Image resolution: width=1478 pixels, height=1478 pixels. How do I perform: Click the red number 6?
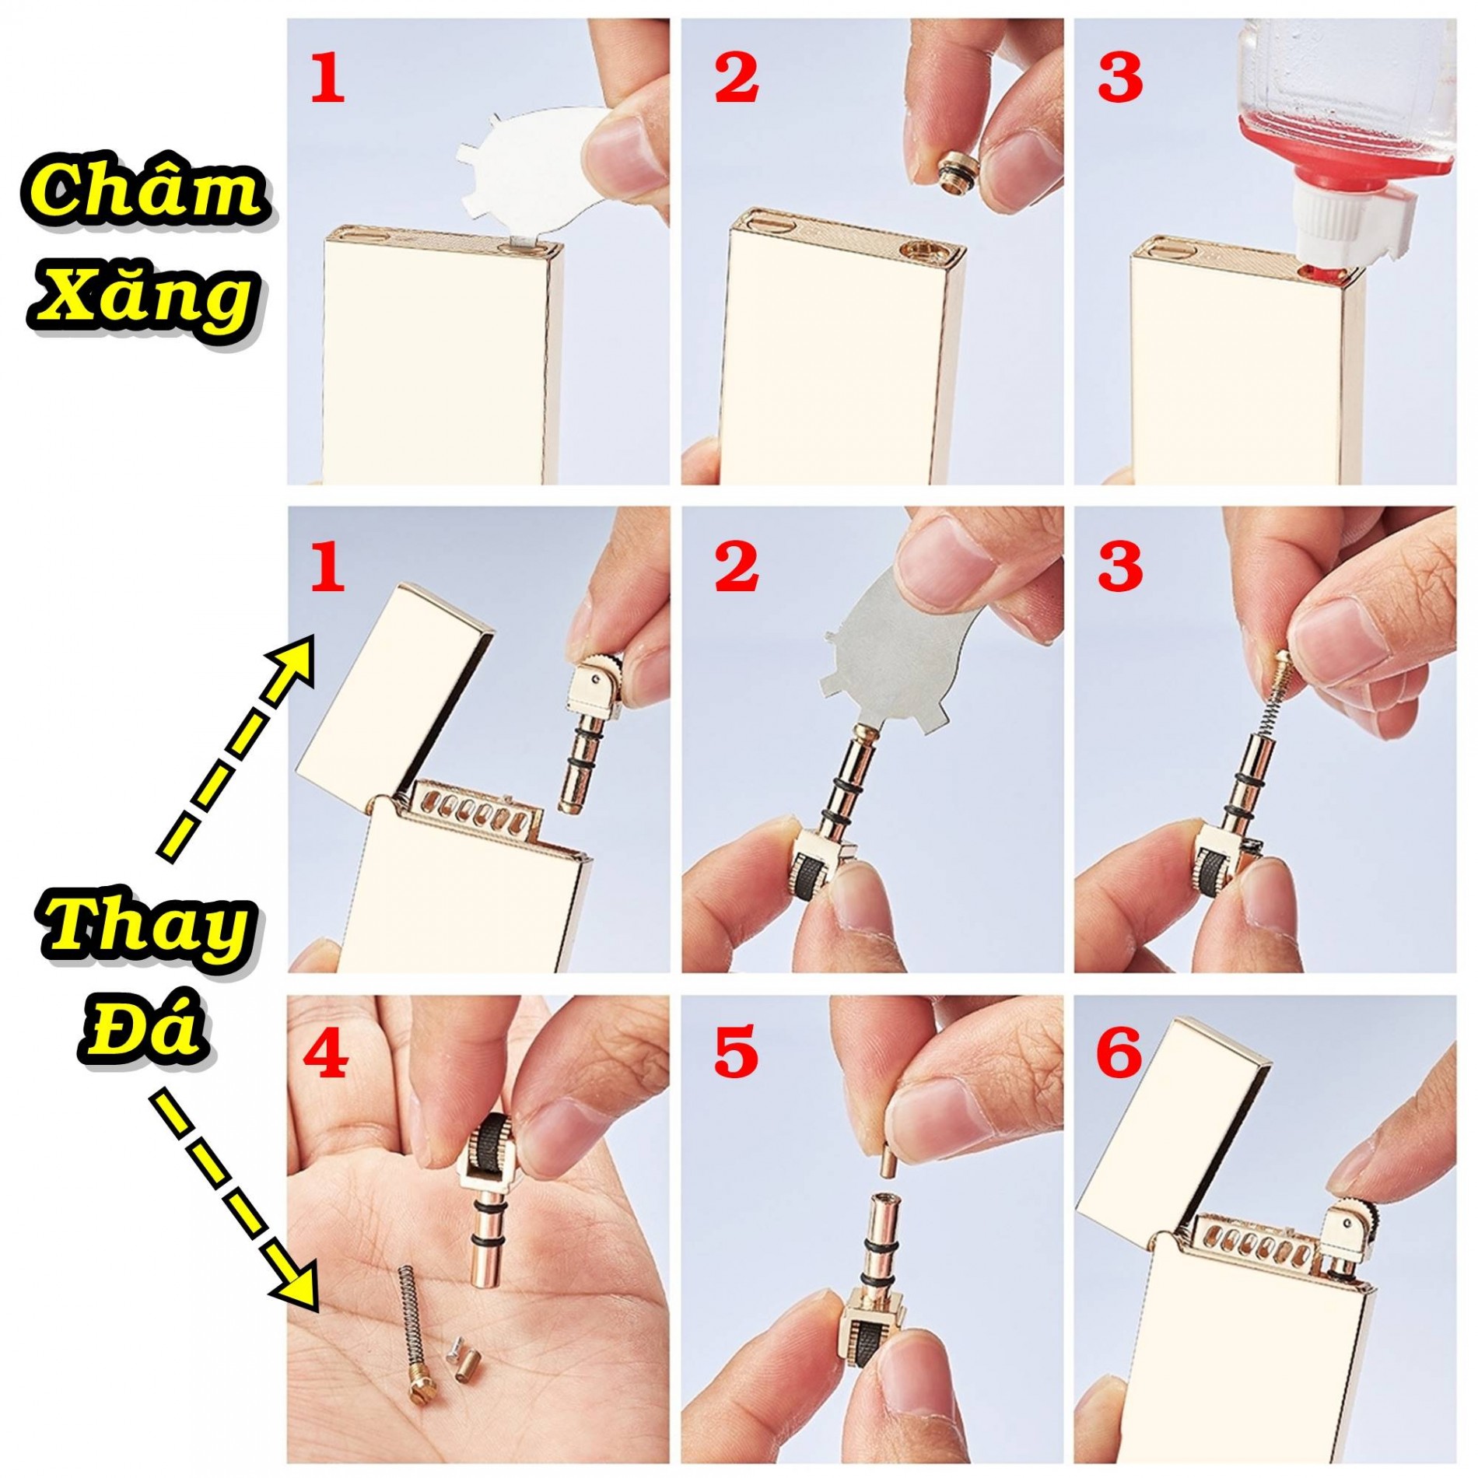[x=1120, y=1052]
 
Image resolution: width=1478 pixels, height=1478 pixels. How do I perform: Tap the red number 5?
[x=734, y=1052]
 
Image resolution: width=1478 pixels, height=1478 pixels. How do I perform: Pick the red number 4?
[x=326, y=1052]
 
